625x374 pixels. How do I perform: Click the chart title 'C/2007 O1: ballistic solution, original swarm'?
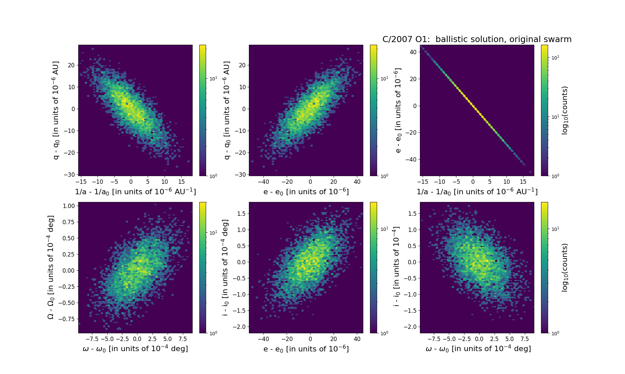(477, 39)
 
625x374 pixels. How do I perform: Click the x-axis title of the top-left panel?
(135, 192)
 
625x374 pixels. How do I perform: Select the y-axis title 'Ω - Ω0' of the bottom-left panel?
(51, 268)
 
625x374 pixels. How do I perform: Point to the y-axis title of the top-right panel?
(398, 110)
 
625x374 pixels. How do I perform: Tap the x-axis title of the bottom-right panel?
(478, 349)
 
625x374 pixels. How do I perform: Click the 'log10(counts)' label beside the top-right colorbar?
(565, 110)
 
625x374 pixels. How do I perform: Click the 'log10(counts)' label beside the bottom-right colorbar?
(565, 268)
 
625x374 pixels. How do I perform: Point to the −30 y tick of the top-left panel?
(70, 175)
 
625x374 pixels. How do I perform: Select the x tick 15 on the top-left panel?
(181, 182)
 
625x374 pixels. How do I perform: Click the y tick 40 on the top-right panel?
(414, 52)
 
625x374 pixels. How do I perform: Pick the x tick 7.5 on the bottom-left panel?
(182, 339)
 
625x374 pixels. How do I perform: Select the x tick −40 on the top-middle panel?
(263, 182)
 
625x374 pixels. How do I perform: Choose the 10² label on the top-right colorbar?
(555, 58)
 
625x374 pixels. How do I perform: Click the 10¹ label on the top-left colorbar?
(214, 78)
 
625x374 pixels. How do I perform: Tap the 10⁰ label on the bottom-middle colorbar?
(384, 333)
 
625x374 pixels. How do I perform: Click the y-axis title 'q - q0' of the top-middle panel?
(227, 110)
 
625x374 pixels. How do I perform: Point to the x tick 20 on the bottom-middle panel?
(334, 339)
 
